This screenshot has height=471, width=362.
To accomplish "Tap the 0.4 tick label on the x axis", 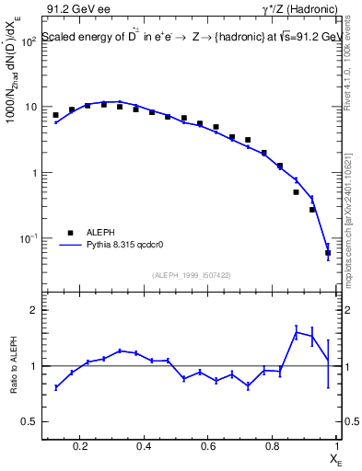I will (144, 448).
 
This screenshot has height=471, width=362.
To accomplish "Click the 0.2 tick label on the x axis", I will (80, 448).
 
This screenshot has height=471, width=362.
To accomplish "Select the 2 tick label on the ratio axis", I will (34, 311).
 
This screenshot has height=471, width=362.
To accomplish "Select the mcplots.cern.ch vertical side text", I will (352, 230).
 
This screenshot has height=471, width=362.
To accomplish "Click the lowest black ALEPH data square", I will (328, 252).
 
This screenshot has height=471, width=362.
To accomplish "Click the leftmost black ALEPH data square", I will (55, 115).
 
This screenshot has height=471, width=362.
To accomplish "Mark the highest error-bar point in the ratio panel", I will (296, 331).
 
